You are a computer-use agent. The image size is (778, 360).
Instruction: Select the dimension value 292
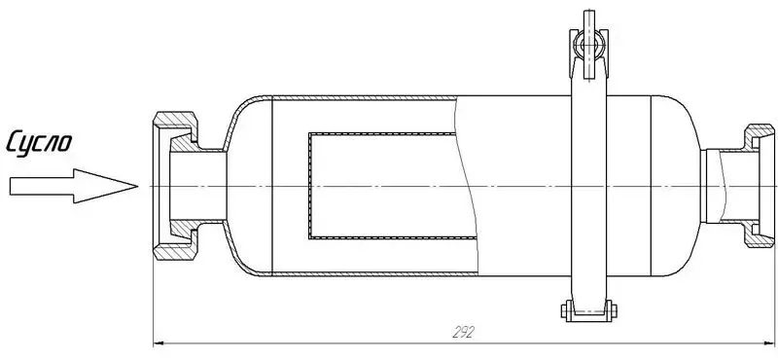pos(463,332)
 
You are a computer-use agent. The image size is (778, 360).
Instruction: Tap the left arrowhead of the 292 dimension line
pos(161,342)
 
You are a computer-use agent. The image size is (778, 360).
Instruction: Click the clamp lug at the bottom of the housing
pos(588,312)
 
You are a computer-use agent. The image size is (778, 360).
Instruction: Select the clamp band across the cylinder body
pos(588,185)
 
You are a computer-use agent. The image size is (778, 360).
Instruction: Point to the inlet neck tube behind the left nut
pos(209,185)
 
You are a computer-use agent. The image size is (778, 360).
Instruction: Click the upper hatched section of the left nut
pos(174,127)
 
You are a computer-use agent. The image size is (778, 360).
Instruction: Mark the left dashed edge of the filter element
pos(309,185)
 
